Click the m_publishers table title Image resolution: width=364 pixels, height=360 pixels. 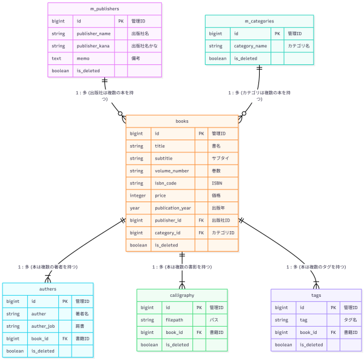pos(104,9)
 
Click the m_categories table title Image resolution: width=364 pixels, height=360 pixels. pos(260,22)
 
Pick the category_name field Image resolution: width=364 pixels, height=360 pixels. pos(251,46)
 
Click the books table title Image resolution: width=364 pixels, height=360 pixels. pos(182,121)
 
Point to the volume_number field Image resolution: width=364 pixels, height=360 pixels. pos(172,171)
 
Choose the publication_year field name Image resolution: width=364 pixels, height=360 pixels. pos(173,208)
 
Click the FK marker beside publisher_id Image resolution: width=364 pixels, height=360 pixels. pos(201,220)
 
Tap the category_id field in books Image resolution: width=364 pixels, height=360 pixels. pos(167,233)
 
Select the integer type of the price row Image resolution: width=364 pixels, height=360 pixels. pos(138,195)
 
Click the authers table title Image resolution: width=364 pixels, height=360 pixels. pos(47,289)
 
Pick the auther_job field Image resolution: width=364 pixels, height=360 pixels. pos(42,326)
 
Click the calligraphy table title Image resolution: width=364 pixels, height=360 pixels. pos(182,295)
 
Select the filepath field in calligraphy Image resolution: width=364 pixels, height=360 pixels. pos(175,320)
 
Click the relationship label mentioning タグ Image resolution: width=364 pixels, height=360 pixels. pos(316,267)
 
